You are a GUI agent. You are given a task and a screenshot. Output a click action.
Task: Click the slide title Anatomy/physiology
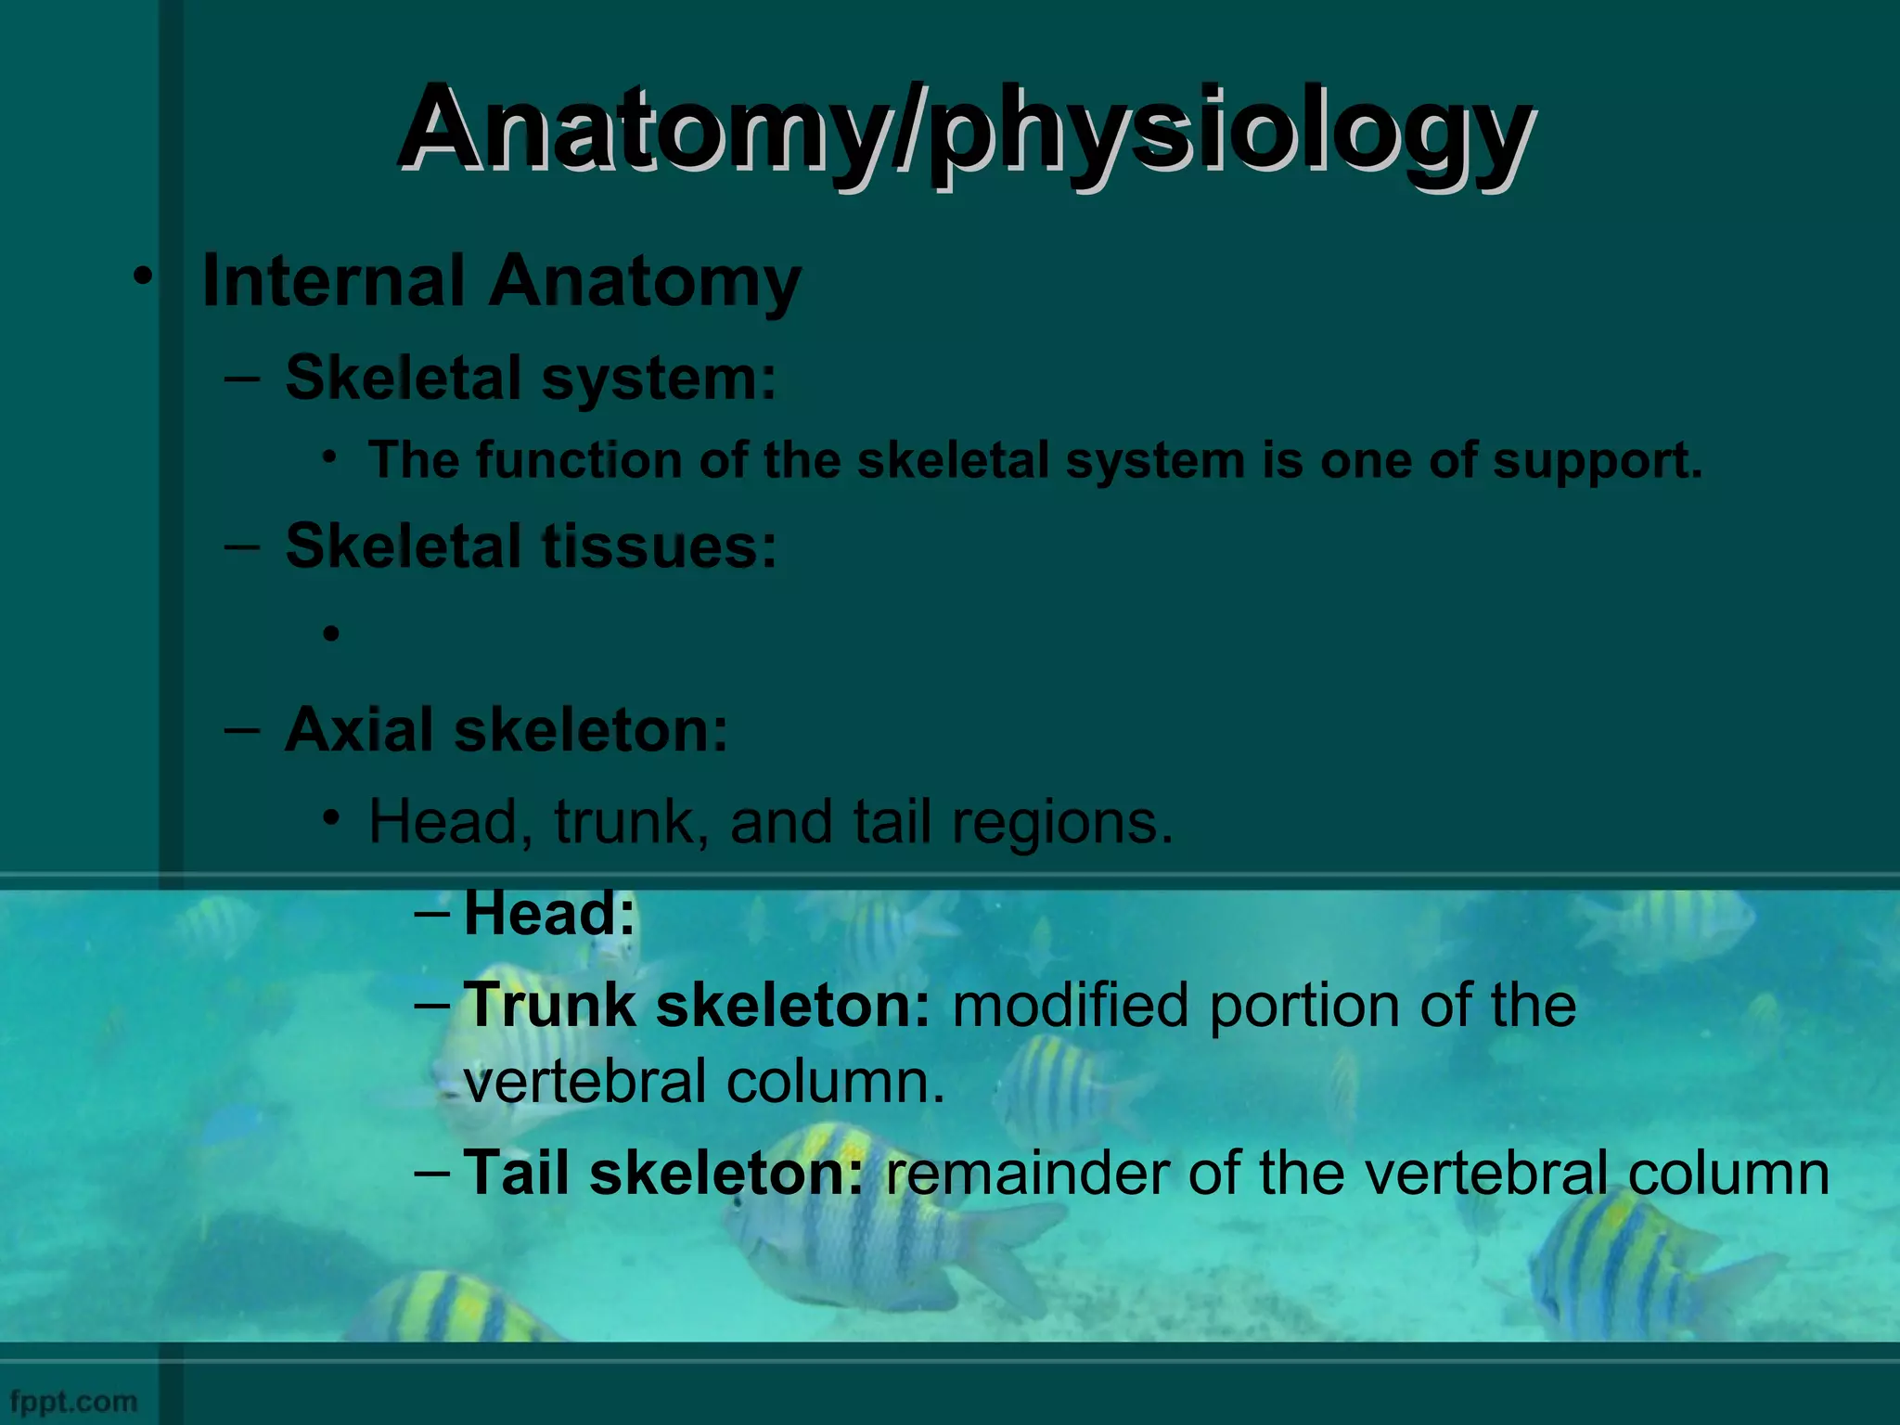pyautogui.click(x=965, y=130)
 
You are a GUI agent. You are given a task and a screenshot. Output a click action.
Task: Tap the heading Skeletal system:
pyautogui.click(x=531, y=379)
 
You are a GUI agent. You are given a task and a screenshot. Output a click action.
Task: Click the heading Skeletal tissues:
pyautogui.click(x=531, y=546)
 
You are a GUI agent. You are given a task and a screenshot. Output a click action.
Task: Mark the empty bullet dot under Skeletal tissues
pyautogui.click(x=331, y=635)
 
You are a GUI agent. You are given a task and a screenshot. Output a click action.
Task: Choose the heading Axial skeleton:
pyautogui.click(x=507, y=730)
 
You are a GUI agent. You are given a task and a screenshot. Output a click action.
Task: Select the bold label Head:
pyautogui.click(x=549, y=913)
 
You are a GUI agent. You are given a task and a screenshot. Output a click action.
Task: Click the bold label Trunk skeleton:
pyautogui.click(x=696, y=1005)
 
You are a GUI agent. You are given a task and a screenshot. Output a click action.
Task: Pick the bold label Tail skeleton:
pyautogui.click(x=663, y=1173)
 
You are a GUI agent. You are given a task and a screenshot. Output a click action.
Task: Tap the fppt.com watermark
pyautogui.click(x=74, y=1401)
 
